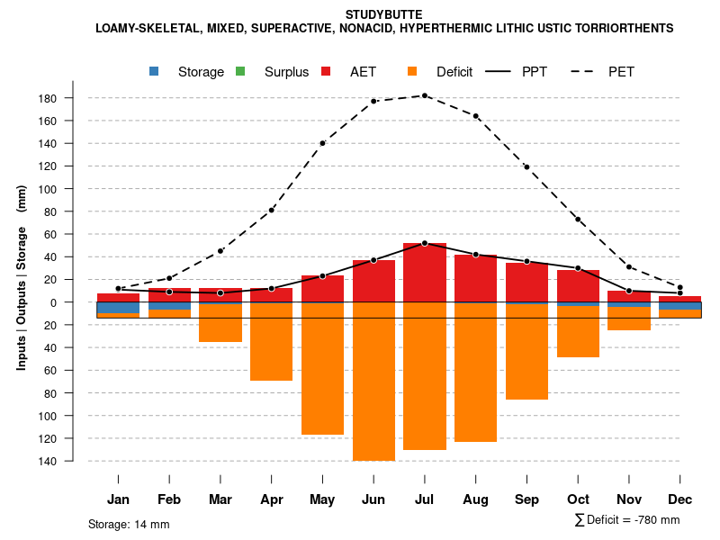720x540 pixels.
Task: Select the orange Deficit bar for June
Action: pos(373,382)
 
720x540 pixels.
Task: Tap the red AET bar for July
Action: pos(425,273)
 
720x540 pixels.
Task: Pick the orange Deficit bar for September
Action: pos(527,352)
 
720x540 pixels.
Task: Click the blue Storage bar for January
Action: pos(118,308)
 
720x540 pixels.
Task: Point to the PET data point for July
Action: pos(425,95)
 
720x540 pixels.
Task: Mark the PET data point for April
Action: pos(272,210)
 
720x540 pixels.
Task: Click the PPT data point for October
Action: pos(579,268)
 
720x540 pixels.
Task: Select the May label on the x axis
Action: pos(322,499)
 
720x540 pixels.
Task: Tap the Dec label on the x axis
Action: pos(680,499)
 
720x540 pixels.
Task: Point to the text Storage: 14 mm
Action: pos(129,524)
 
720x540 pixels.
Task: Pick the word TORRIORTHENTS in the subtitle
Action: pos(619,28)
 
